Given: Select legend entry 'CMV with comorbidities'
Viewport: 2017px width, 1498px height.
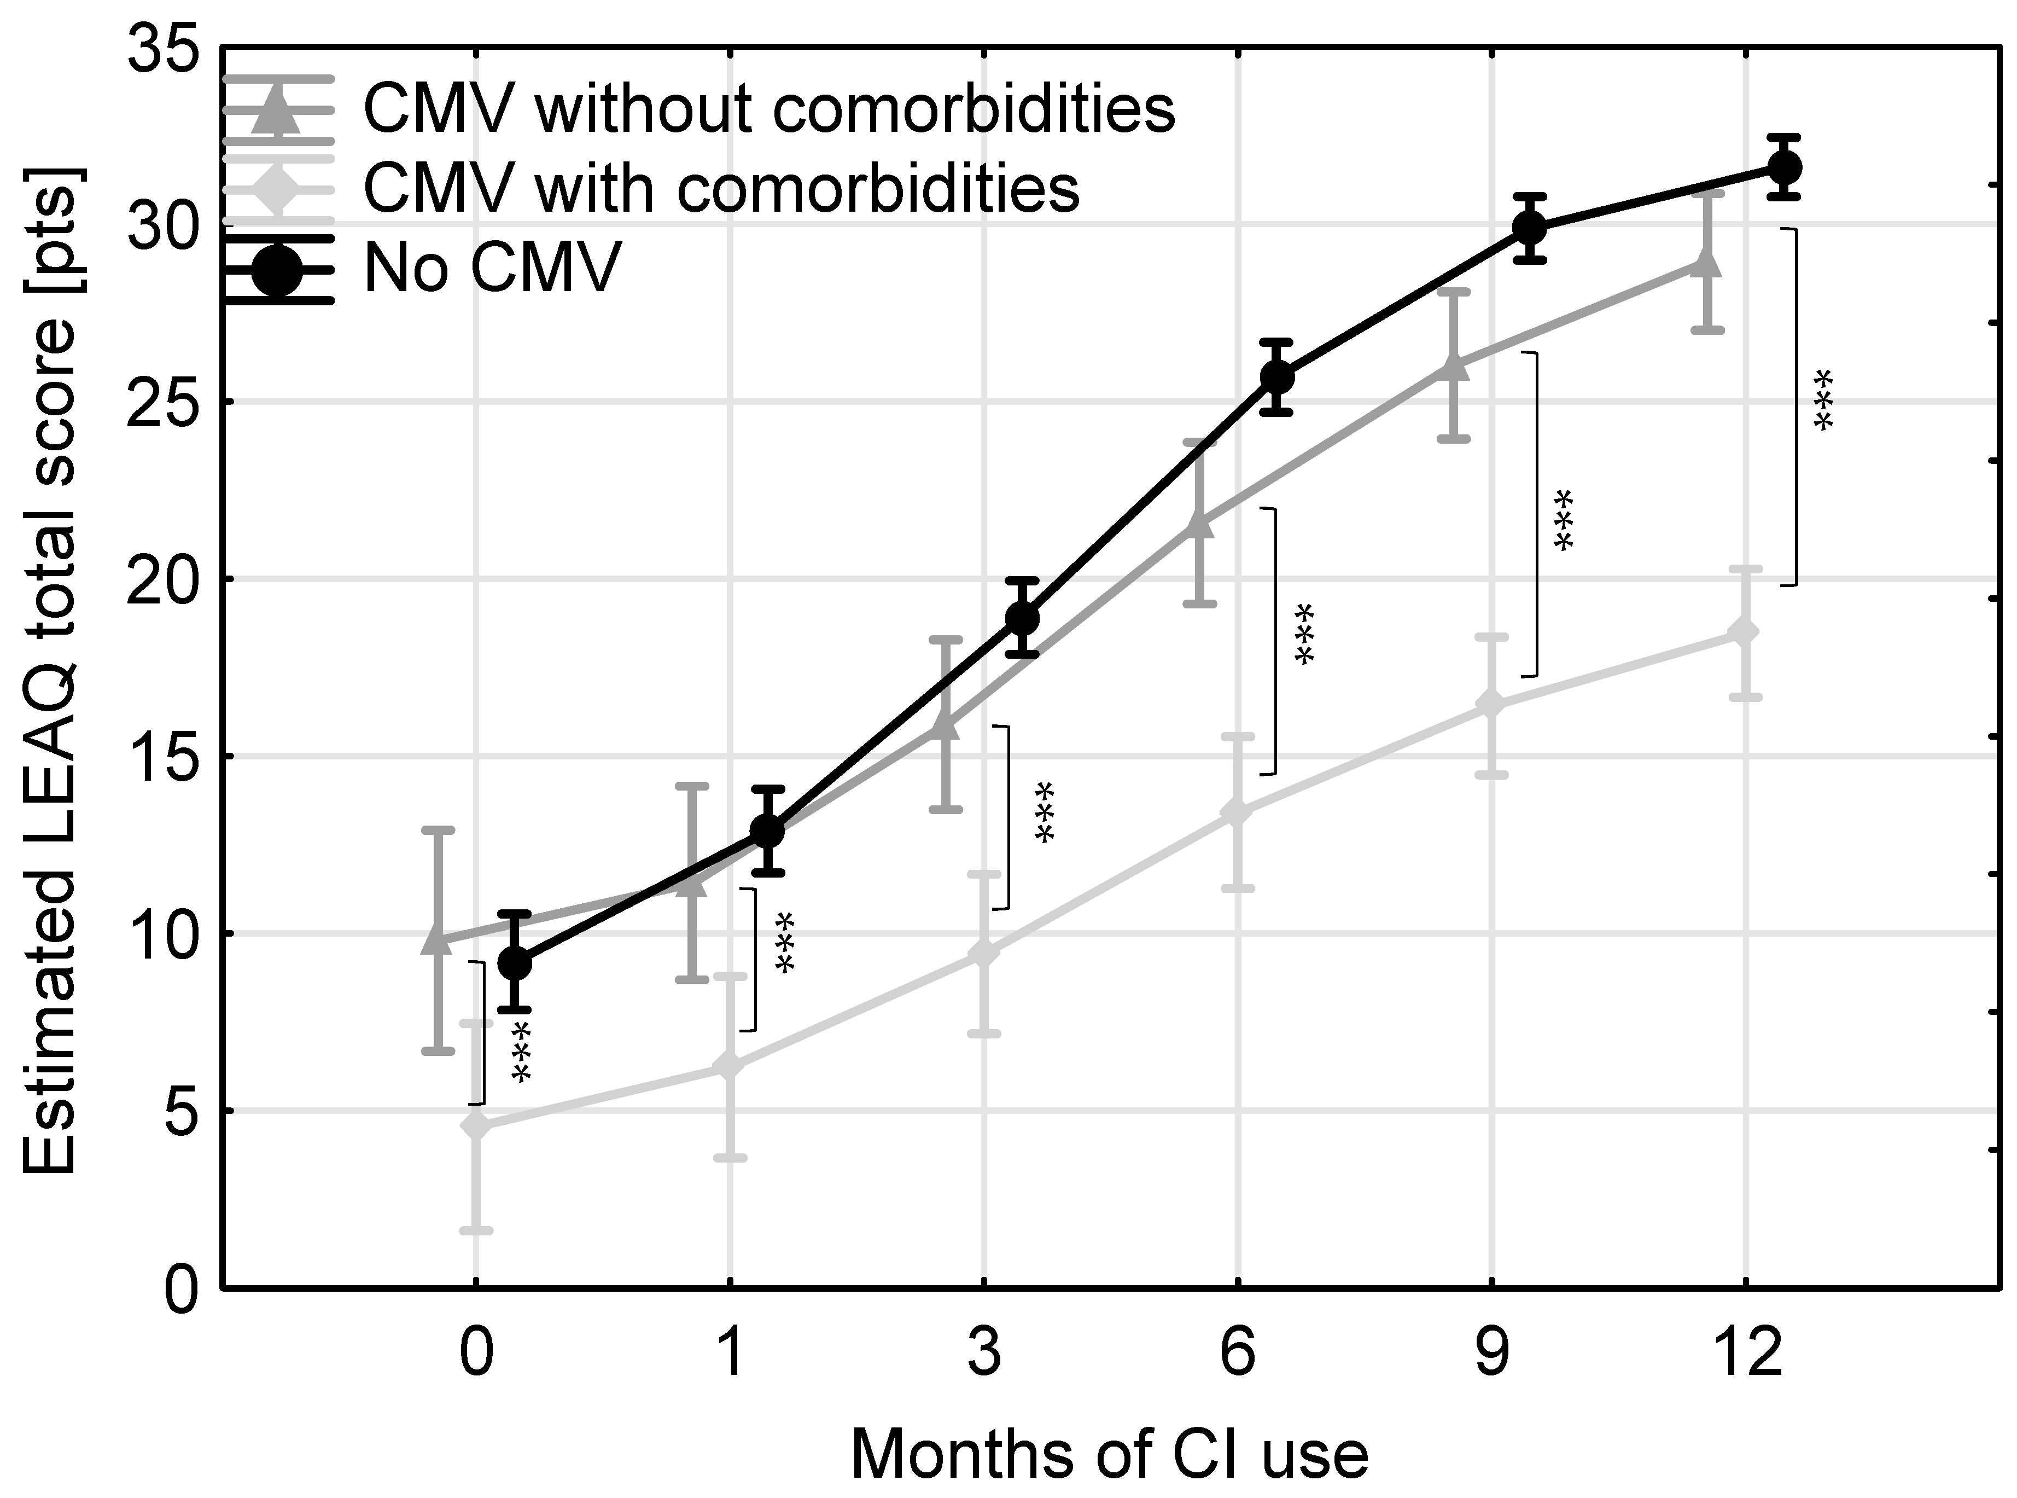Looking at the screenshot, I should (721, 189).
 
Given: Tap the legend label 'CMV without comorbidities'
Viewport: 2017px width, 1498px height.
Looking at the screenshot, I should (769, 109).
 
